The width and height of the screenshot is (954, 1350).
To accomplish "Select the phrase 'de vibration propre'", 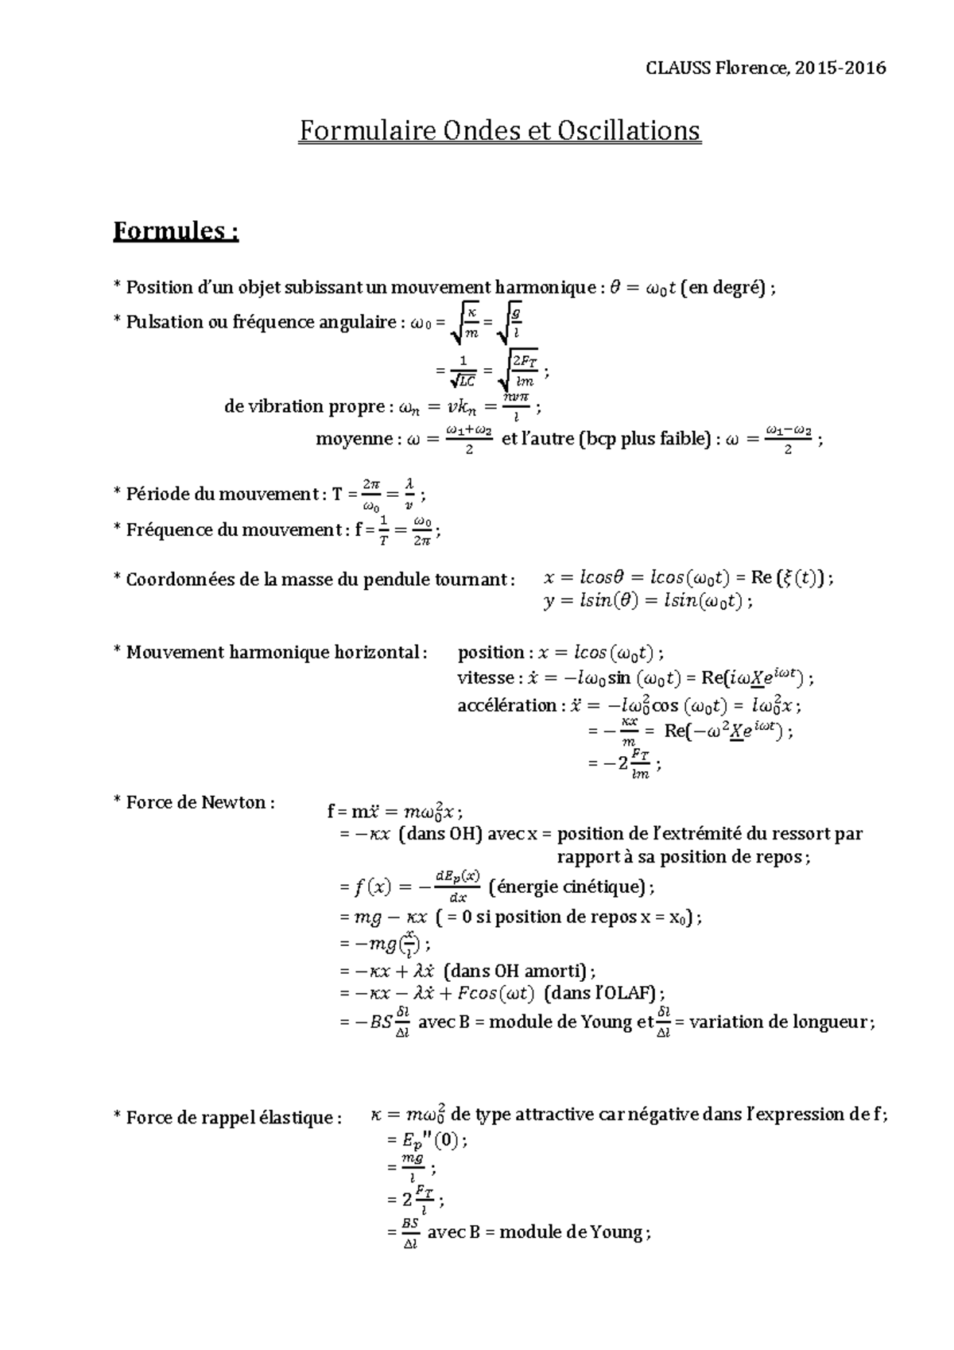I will pyautogui.click(x=304, y=407).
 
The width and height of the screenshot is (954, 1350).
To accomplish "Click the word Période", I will pyautogui.click(x=156, y=494).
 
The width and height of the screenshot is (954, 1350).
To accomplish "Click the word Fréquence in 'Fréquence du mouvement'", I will pyautogui.click(x=161, y=530).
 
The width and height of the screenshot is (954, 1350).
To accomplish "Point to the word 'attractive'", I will pyautogui.click(x=556, y=1114).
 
